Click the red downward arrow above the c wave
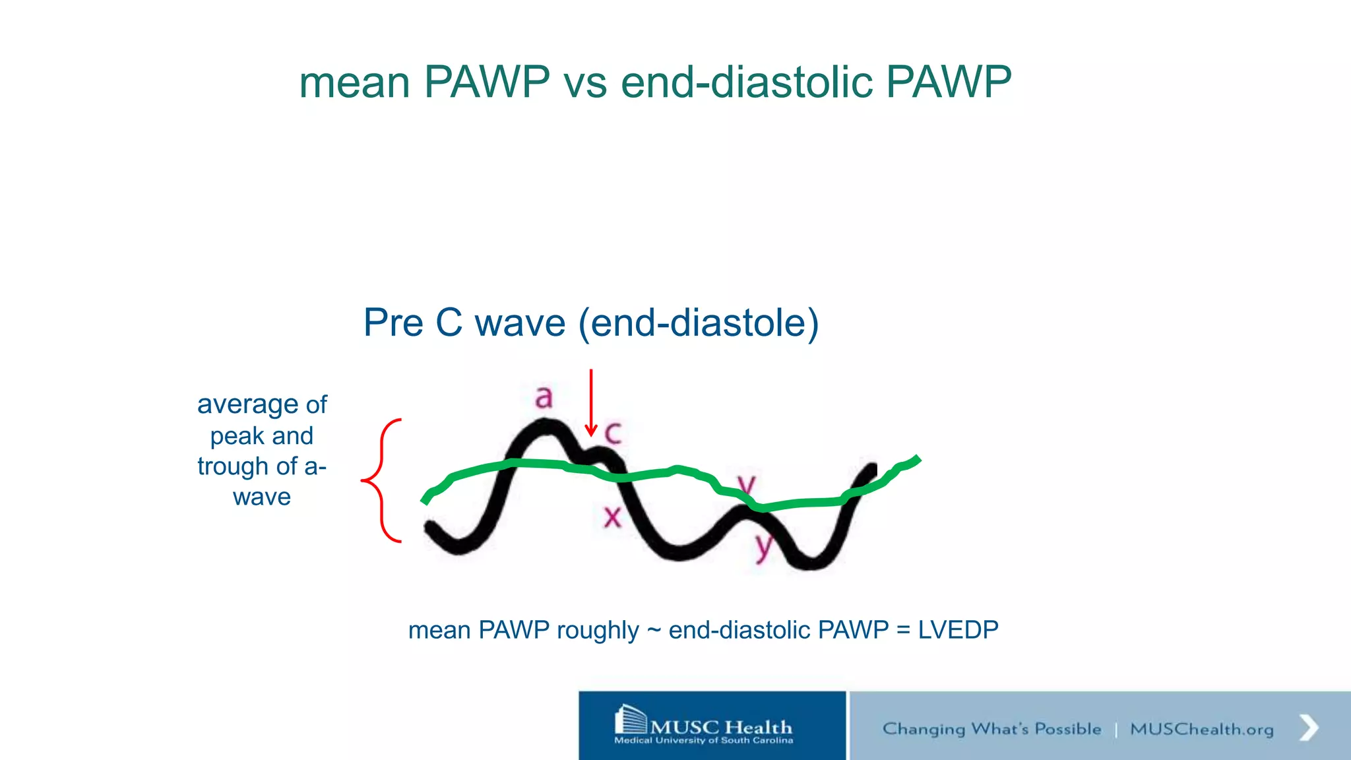click(591, 402)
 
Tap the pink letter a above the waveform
click(544, 397)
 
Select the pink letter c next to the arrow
click(613, 433)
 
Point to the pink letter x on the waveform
click(613, 517)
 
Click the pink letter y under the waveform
click(763, 546)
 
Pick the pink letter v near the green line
click(746, 485)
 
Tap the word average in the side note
click(248, 404)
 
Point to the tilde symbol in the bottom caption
click(654, 631)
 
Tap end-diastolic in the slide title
click(747, 82)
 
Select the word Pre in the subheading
click(393, 323)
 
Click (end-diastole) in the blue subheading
click(698, 323)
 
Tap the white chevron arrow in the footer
click(1308, 728)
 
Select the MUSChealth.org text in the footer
click(1201, 729)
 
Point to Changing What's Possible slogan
click(991, 729)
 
